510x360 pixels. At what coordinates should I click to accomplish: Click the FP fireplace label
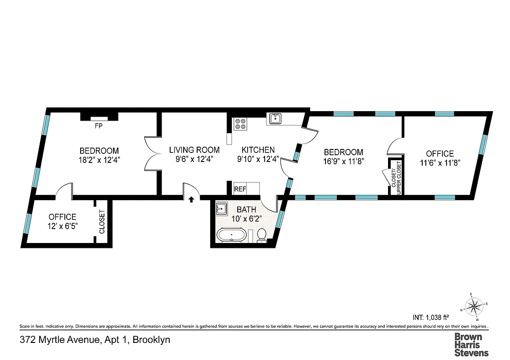pyautogui.click(x=98, y=126)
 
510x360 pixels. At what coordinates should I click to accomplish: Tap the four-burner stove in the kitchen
pyautogui.click(x=240, y=123)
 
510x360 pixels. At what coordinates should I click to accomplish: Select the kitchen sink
pyautogui.click(x=275, y=119)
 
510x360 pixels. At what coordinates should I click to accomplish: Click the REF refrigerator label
pyautogui.click(x=240, y=189)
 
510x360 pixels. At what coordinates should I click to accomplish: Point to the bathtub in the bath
pyautogui.click(x=231, y=235)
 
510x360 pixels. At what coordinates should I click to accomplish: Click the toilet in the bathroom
pyautogui.click(x=262, y=235)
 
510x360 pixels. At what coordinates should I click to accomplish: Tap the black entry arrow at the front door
pyautogui.click(x=191, y=199)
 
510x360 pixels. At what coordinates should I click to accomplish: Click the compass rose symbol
pyautogui.click(x=474, y=307)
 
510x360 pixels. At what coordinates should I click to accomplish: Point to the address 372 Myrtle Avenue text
pyautogui.click(x=95, y=340)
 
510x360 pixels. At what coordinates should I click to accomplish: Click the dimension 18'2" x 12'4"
pyautogui.click(x=99, y=159)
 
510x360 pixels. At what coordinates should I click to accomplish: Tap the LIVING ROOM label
pyautogui.click(x=194, y=150)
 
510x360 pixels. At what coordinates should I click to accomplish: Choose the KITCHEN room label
pyautogui.click(x=258, y=150)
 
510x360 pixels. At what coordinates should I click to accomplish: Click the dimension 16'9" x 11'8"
pyautogui.click(x=343, y=161)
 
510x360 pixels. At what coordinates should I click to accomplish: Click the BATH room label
pyautogui.click(x=246, y=210)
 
